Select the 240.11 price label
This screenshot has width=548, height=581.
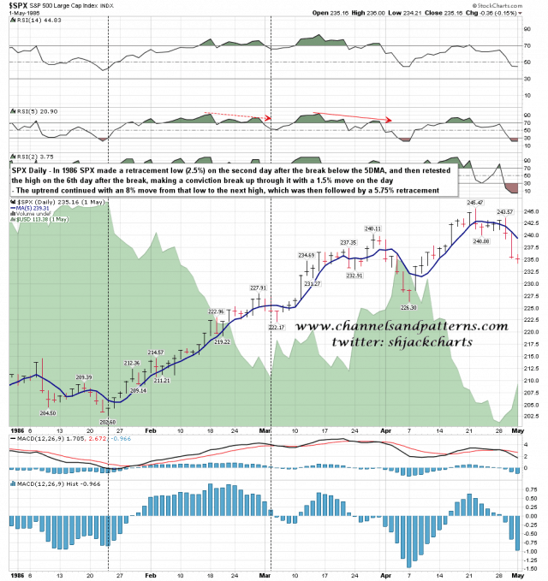pos(372,228)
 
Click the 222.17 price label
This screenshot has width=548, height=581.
pos(277,328)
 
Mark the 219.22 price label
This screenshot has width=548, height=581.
pos(222,341)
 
